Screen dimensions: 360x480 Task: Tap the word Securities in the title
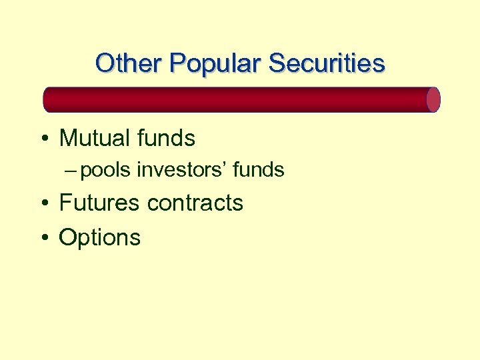pos(327,63)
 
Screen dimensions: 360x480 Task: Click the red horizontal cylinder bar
pos(240,99)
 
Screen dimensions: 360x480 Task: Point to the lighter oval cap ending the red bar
pos(433,99)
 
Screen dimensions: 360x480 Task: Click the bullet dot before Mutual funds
pos(43,139)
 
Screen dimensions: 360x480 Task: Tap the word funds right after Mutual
pos(168,139)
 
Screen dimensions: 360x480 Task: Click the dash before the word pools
pos(72,171)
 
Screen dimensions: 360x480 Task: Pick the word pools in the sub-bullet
pos(107,171)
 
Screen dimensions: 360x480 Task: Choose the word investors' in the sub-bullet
pos(182,171)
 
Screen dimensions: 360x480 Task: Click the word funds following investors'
pos(259,171)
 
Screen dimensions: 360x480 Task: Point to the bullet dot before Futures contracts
pos(43,203)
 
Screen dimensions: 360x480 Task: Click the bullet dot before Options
pos(43,238)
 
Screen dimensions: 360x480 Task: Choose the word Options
pos(100,238)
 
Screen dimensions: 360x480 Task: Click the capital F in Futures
pos(65,203)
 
